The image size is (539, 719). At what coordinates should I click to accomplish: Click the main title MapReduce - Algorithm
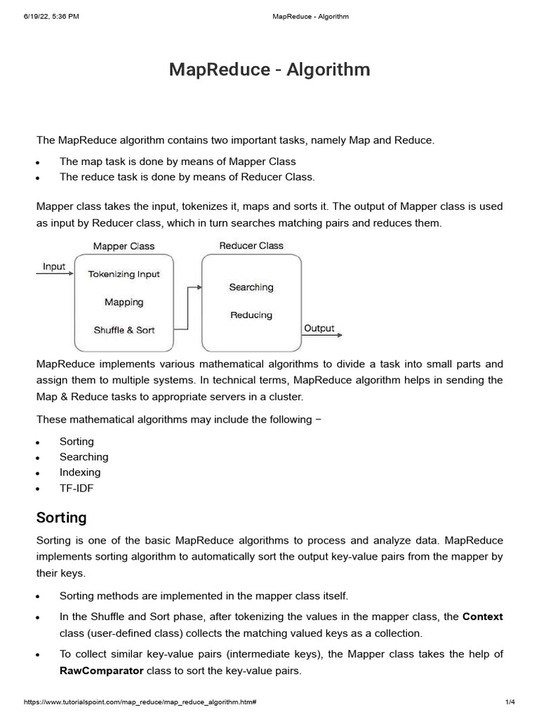click(x=269, y=70)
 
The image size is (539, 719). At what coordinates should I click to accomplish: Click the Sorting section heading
click(x=61, y=517)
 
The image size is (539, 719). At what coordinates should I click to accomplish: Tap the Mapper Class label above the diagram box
click(x=124, y=246)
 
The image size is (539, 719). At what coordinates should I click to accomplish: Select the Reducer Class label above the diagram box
click(x=251, y=246)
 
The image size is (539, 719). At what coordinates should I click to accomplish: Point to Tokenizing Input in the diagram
click(x=124, y=275)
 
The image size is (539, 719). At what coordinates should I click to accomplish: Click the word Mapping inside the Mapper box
click(x=124, y=302)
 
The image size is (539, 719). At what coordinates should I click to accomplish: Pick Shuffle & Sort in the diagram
click(x=124, y=330)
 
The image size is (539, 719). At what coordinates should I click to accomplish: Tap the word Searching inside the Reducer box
click(x=251, y=287)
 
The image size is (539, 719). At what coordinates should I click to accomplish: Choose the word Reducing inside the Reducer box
click(x=251, y=315)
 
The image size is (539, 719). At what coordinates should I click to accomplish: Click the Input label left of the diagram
click(x=54, y=267)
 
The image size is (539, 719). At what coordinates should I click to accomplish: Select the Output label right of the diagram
click(x=319, y=328)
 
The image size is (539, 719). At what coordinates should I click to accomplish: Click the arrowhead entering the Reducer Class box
click(x=199, y=287)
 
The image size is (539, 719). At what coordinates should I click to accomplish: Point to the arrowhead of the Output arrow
click(x=340, y=336)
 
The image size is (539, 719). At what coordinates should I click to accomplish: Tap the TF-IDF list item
click(x=76, y=488)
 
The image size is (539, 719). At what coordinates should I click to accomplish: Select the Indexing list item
click(x=80, y=473)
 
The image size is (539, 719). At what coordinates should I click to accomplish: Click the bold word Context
click(x=482, y=616)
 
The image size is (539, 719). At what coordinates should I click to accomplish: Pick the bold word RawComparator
click(x=102, y=671)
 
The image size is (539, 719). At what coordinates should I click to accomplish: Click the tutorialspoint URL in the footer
click(x=140, y=702)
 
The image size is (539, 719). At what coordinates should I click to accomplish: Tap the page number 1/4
click(x=510, y=702)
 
